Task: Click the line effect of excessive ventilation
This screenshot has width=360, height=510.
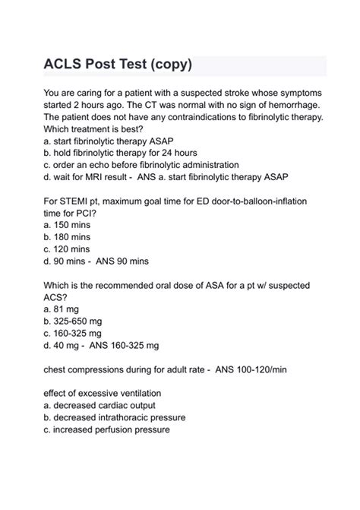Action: (112, 394)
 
